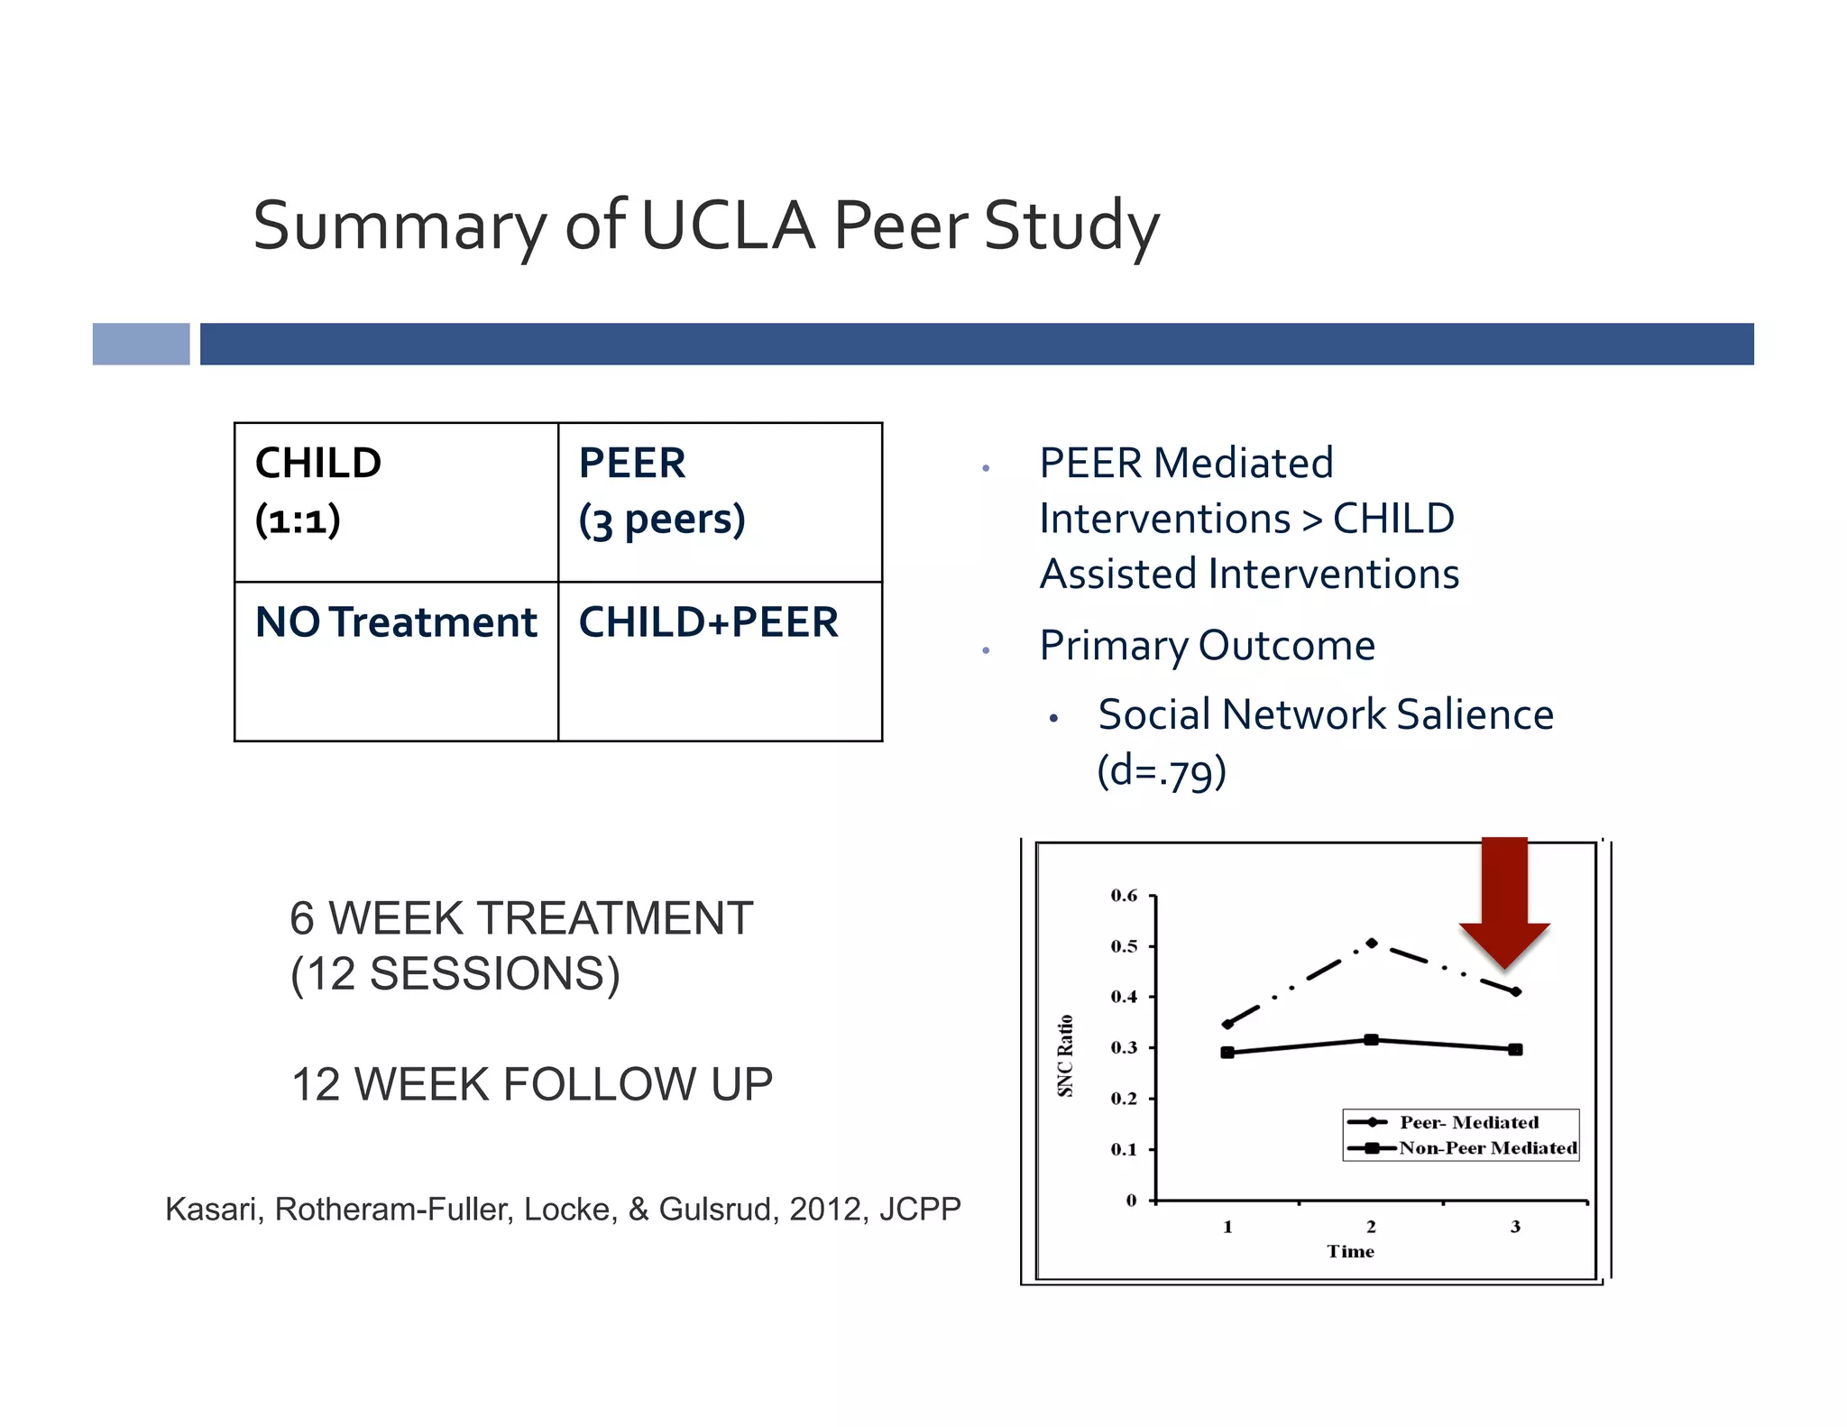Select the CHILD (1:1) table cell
pyautogui.click(x=396, y=502)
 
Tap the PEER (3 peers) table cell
pyautogui.click(x=720, y=502)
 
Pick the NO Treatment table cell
pyautogui.click(x=396, y=660)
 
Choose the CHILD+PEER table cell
pyautogui.click(x=720, y=660)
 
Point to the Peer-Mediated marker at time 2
pyautogui.click(x=1371, y=944)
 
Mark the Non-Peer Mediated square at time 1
pyautogui.click(x=1227, y=1053)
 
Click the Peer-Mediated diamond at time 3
pyautogui.click(x=1516, y=991)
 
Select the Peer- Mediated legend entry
pyautogui.click(x=1468, y=1122)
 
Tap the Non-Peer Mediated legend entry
pyautogui.click(x=1486, y=1148)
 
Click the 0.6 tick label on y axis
pyautogui.click(x=1124, y=896)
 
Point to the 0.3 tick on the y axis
pyautogui.click(x=1124, y=1047)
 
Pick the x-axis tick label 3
pyautogui.click(x=1515, y=1227)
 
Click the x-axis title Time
pyautogui.click(x=1350, y=1251)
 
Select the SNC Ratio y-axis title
pyautogui.click(x=1065, y=1055)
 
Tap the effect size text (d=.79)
pyautogui.click(x=1162, y=771)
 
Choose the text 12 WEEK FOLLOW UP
pyautogui.click(x=532, y=1084)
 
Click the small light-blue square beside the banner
pyautogui.click(x=142, y=344)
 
